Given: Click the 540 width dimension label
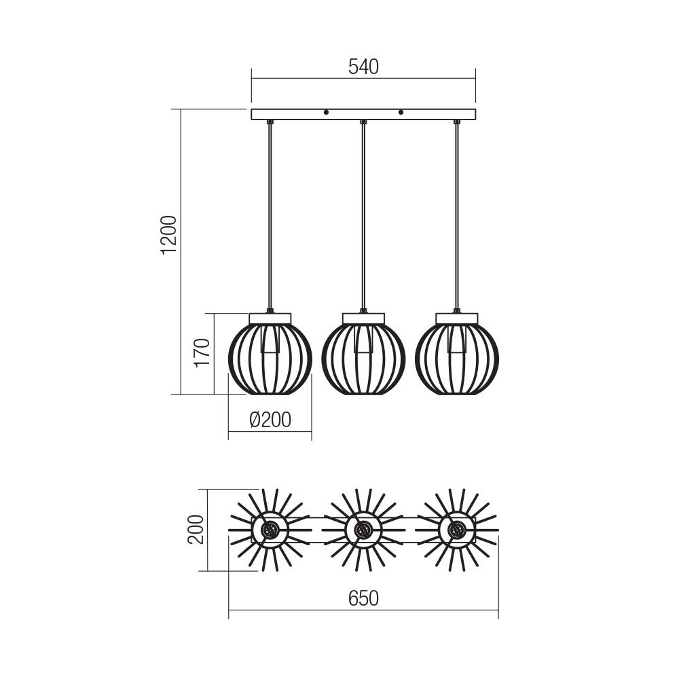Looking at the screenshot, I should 363,67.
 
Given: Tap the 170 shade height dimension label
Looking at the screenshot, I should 202,352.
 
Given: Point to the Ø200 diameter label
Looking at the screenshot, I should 270,420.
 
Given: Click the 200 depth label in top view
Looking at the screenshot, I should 196,530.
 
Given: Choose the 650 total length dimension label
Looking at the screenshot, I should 363,598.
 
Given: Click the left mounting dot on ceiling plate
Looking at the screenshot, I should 326,112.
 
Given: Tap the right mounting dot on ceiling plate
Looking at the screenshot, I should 401,112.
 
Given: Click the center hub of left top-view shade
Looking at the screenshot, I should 270,530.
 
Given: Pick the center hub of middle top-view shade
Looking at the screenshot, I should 364,530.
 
